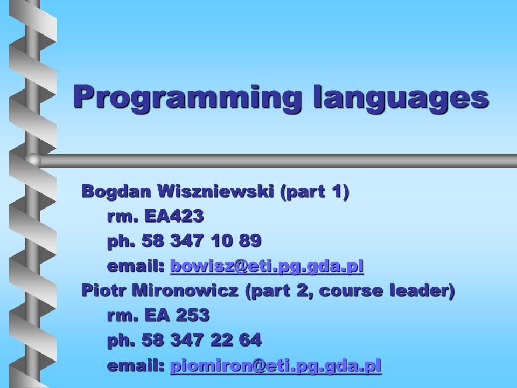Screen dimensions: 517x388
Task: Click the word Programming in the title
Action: pyautogui.click(x=187, y=97)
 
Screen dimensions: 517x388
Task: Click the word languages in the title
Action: pyautogui.click(x=401, y=97)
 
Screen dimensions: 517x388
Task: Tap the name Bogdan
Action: pyautogui.click(x=116, y=192)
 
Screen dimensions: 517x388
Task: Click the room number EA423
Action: pyautogui.click(x=174, y=216)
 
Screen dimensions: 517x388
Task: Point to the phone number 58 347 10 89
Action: pyautogui.click(x=201, y=240)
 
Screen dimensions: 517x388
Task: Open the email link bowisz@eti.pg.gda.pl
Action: pyautogui.click(x=267, y=266)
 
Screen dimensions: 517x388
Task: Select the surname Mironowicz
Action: pyautogui.click(x=185, y=290)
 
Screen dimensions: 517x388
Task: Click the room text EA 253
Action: pyautogui.click(x=177, y=315)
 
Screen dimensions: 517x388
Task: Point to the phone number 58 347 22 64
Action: pyautogui.click(x=201, y=340)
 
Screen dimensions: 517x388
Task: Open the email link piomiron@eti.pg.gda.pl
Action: pyautogui.click(x=276, y=366)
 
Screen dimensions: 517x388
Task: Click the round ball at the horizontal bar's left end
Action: pyautogui.click(x=33, y=161)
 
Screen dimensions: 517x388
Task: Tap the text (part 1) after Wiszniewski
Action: pyautogui.click(x=314, y=192)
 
